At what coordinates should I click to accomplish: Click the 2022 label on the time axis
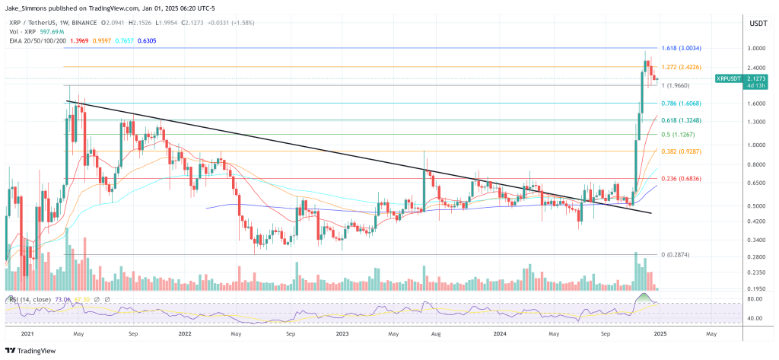click(184, 333)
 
